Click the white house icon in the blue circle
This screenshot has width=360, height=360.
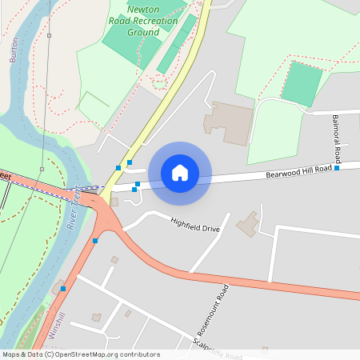click(x=180, y=172)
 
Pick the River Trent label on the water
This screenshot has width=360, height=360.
click(x=76, y=209)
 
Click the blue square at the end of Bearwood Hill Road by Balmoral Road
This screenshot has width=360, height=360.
click(x=337, y=168)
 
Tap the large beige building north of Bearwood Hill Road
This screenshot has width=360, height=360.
click(x=227, y=123)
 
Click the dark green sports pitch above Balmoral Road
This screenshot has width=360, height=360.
click(x=302, y=83)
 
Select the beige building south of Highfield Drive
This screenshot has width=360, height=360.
click(x=247, y=225)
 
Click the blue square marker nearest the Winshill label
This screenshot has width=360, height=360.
click(x=63, y=288)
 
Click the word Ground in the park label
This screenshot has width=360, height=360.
click(x=143, y=33)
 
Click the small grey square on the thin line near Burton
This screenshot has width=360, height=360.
click(x=50, y=36)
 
